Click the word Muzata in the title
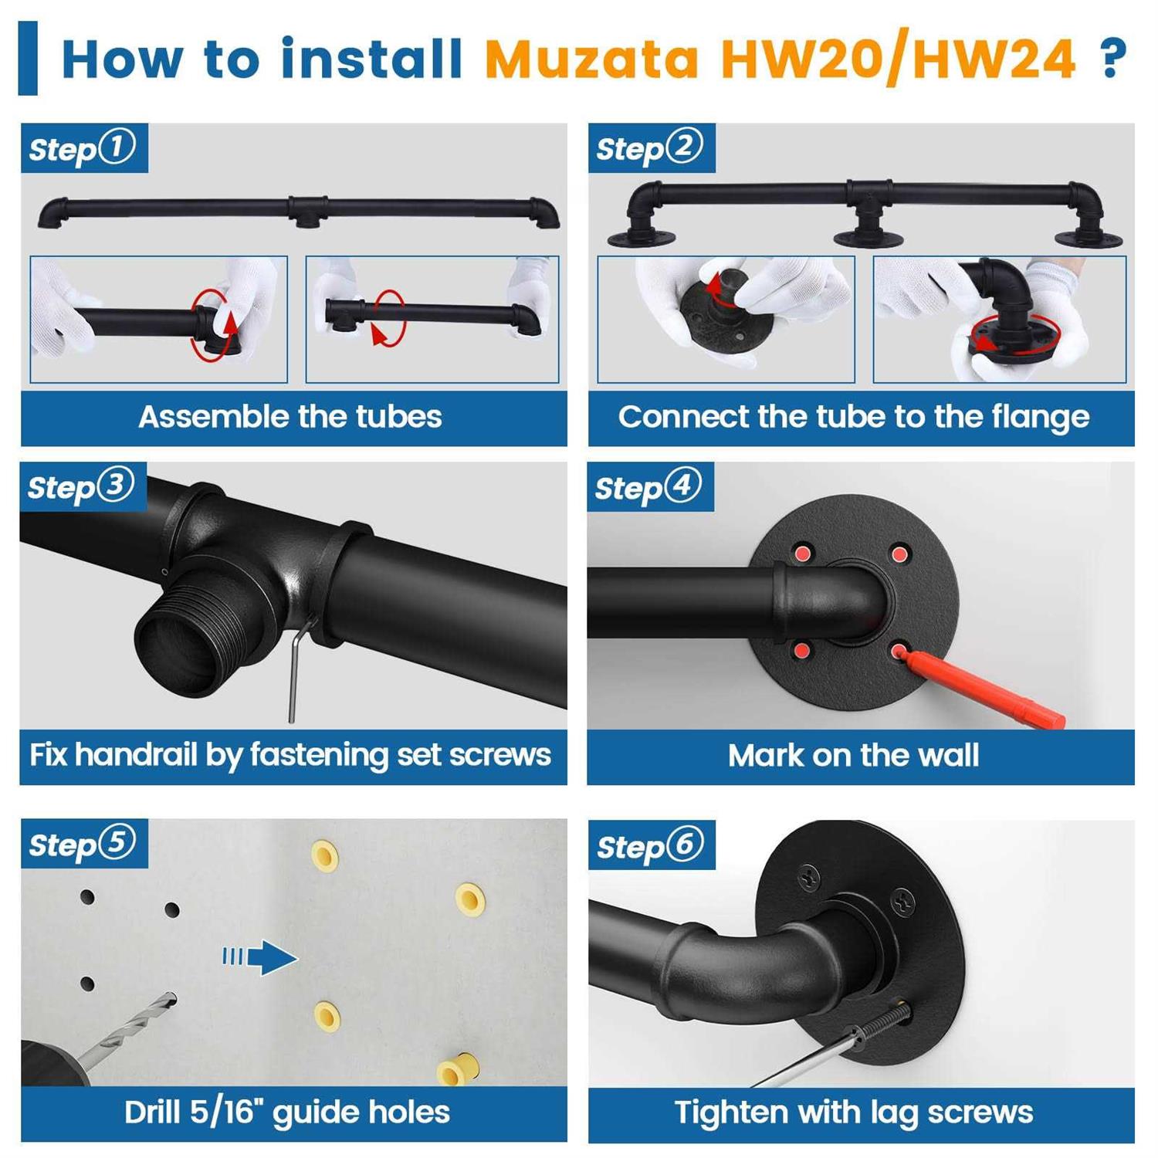591,59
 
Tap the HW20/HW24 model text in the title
897,59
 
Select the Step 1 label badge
83,147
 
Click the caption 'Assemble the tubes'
290,417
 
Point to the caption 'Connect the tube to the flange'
854,417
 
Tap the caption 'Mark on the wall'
853,755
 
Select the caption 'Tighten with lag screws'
853,1112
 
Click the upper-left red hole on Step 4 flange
803,553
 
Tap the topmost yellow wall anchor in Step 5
324,855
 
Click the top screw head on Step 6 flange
809,876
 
